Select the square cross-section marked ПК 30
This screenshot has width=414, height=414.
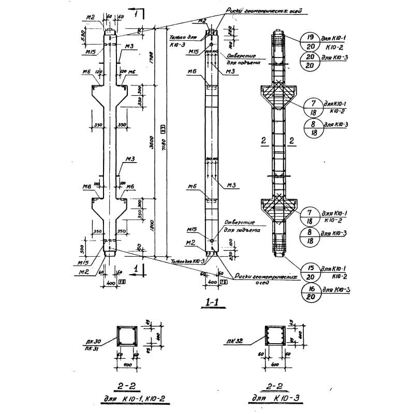click(126, 337)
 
